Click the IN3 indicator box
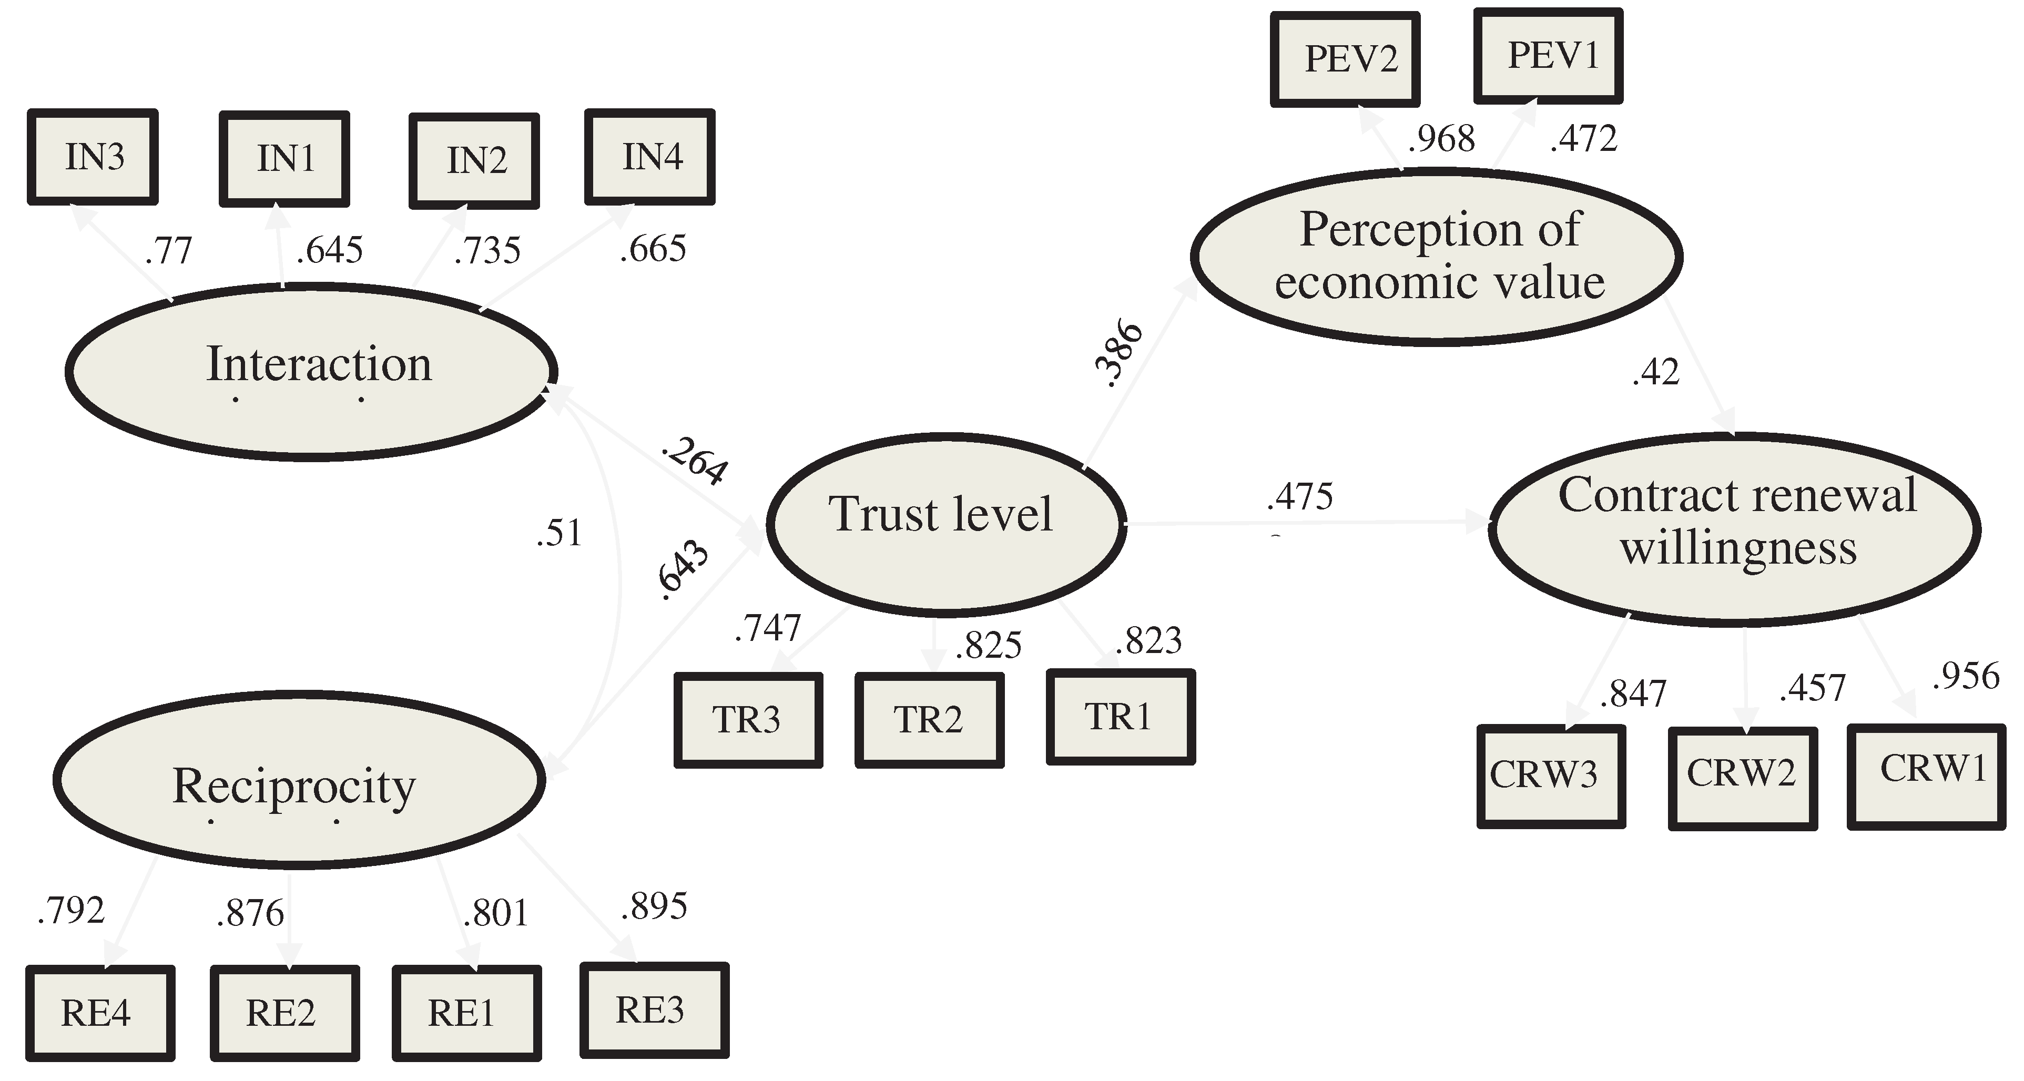pyautogui.click(x=93, y=157)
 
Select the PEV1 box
pyautogui.click(x=1548, y=56)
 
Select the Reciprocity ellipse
pyautogui.click(x=299, y=780)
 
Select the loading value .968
pyautogui.click(x=1441, y=139)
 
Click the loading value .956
pyautogui.click(x=1966, y=676)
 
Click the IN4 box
pyautogui.click(x=650, y=157)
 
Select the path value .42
pyautogui.click(x=1655, y=372)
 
